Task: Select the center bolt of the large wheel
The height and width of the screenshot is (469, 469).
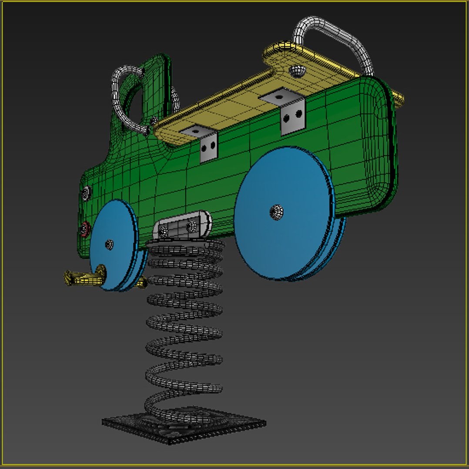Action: (x=276, y=212)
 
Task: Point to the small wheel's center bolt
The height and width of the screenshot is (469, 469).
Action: (x=109, y=244)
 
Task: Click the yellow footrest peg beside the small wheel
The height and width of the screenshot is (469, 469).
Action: (x=80, y=277)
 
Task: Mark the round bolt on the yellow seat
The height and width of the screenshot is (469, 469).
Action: (x=298, y=71)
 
